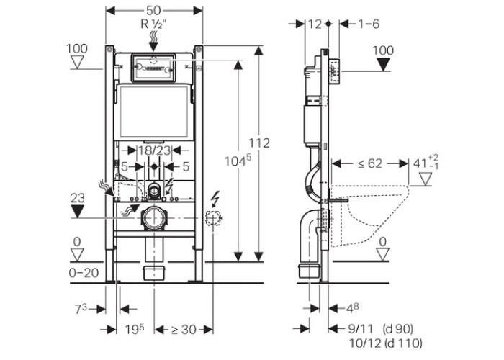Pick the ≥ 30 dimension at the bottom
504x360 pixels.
point(182,330)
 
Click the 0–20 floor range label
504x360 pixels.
point(85,272)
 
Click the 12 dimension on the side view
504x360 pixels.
point(314,24)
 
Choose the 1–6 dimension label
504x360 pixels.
point(368,24)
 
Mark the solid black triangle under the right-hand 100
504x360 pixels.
point(386,66)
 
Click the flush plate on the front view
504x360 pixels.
point(152,66)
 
